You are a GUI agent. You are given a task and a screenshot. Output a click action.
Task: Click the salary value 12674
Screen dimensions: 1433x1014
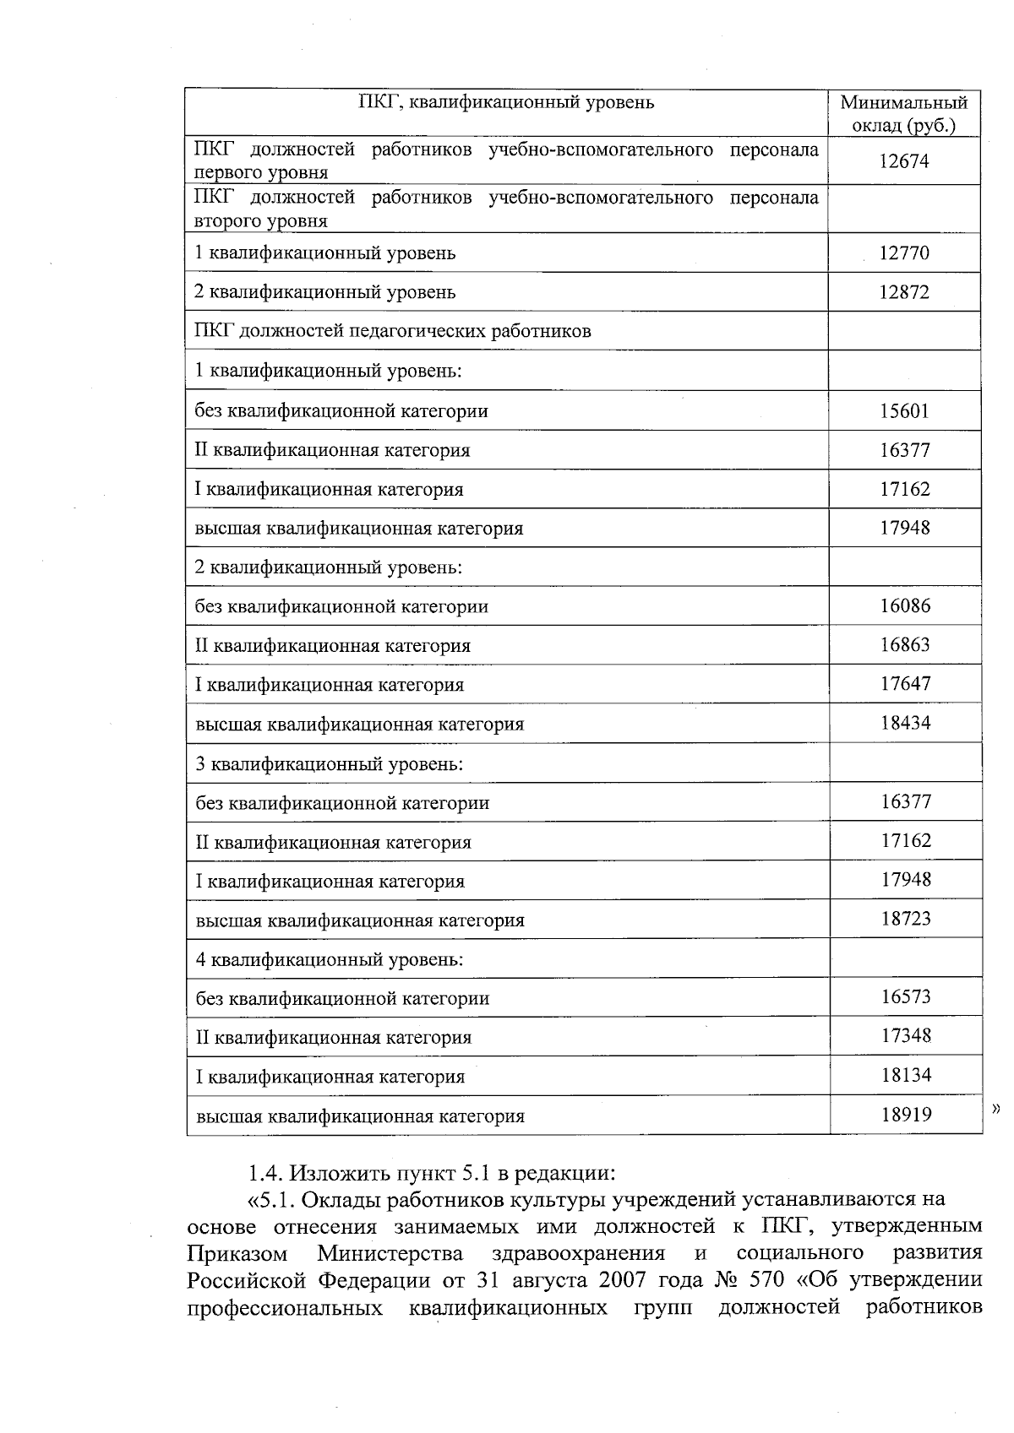pyautogui.click(x=903, y=161)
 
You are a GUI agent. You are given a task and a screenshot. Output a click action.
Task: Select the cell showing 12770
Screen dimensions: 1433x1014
pyautogui.click(x=903, y=252)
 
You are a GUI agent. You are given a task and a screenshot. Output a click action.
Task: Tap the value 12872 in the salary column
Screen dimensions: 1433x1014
pyautogui.click(x=903, y=292)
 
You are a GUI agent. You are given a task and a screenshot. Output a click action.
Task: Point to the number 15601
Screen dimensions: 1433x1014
pyautogui.click(x=904, y=410)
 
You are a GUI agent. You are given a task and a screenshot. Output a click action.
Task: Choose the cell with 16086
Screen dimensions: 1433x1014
pyautogui.click(x=905, y=605)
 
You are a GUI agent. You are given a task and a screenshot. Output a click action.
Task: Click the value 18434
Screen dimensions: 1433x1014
pyautogui.click(x=905, y=723)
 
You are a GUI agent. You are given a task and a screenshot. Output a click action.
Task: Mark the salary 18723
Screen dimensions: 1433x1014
pyautogui.click(x=906, y=919)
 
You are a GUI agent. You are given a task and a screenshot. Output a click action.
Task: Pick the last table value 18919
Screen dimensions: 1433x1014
pyautogui.click(x=906, y=1115)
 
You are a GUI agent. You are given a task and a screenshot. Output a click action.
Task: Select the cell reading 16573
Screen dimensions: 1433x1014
pyautogui.click(x=906, y=996)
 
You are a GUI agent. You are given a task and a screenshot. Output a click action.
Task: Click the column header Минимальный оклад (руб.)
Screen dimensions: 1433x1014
pyautogui.click(x=903, y=114)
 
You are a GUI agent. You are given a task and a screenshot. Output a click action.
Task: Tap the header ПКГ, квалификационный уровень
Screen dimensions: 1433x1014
pyautogui.click(x=506, y=103)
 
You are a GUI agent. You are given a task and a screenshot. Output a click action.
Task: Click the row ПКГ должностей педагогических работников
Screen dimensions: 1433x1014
pyautogui.click(x=393, y=331)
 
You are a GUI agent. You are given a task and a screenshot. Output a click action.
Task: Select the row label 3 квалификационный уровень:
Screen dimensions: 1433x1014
pyautogui.click(x=330, y=764)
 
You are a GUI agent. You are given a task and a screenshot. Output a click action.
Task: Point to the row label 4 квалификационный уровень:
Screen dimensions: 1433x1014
pyautogui.click(x=330, y=960)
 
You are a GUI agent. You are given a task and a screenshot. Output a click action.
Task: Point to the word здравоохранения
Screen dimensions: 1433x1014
pyautogui.click(x=578, y=1251)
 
